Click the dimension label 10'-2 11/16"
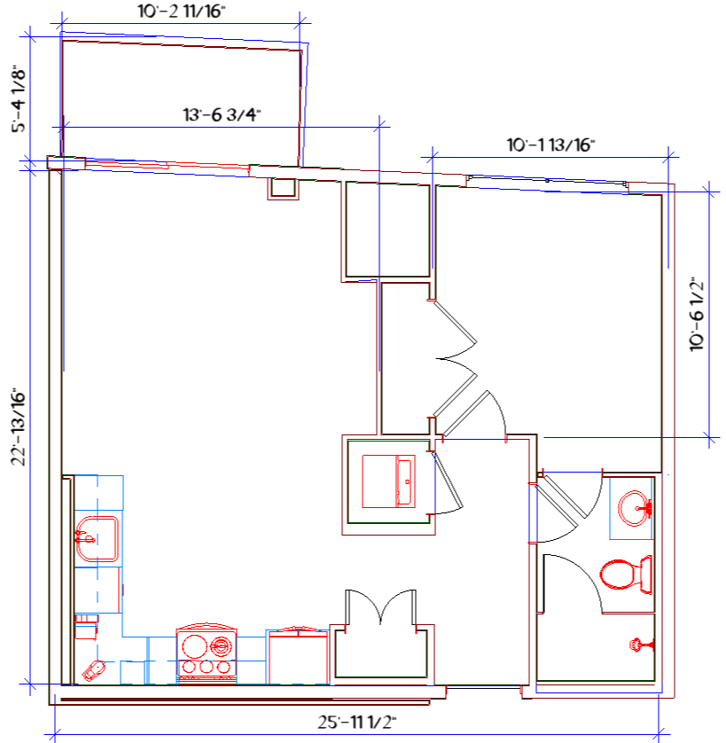click(x=182, y=12)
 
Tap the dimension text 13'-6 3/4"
click(x=222, y=114)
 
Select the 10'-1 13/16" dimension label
click(x=550, y=145)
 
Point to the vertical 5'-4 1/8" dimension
click(x=19, y=98)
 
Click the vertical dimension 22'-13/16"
click(x=19, y=427)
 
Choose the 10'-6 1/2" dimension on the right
click(x=697, y=314)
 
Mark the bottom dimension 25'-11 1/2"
click(x=357, y=722)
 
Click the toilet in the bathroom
click(x=626, y=575)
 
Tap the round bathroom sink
click(x=635, y=508)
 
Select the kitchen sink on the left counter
click(x=97, y=539)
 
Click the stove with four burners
click(x=207, y=654)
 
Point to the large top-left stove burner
click(x=194, y=646)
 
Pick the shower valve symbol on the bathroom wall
click(x=641, y=645)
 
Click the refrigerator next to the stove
click(x=298, y=656)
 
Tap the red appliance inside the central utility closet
click(x=388, y=481)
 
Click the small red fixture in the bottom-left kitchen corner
click(x=93, y=671)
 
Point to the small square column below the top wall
click(x=283, y=189)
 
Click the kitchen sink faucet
click(x=84, y=538)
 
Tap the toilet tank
click(x=646, y=575)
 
